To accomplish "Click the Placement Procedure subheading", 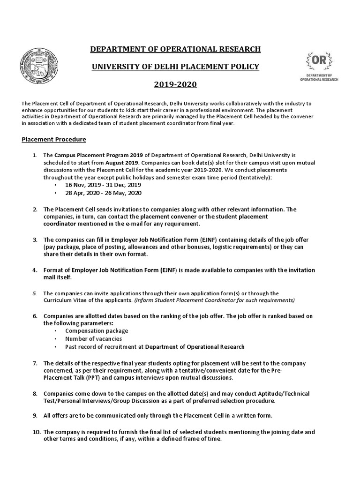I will click(x=54, y=140).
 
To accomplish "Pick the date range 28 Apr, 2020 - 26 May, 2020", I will click(x=103, y=193).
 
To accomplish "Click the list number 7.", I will click(x=35, y=363).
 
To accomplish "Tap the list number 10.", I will click(x=36, y=432).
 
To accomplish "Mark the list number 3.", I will click(x=35, y=240).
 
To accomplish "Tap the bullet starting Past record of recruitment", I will click(x=155, y=347).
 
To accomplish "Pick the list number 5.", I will click(x=35, y=293).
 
